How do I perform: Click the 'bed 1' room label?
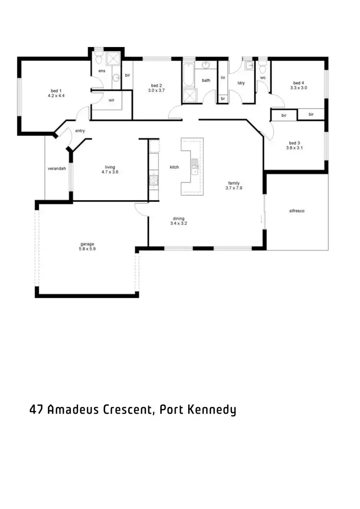tap(56, 91)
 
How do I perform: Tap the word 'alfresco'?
tap(297, 211)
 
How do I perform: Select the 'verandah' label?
tap(56, 169)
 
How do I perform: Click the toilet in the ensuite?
tap(98, 59)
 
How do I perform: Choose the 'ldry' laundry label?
tap(241, 83)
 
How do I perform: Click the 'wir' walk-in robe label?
tap(111, 100)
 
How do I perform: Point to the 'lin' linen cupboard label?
tap(223, 77)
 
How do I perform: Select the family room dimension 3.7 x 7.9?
tap(234, 189)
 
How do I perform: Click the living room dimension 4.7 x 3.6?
tap(110, 172)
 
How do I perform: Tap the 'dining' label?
tap(179, 218)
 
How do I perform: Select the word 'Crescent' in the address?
tap(129, 410)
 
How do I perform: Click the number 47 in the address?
tap(36, 410)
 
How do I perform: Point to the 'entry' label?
tap(80, 131)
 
